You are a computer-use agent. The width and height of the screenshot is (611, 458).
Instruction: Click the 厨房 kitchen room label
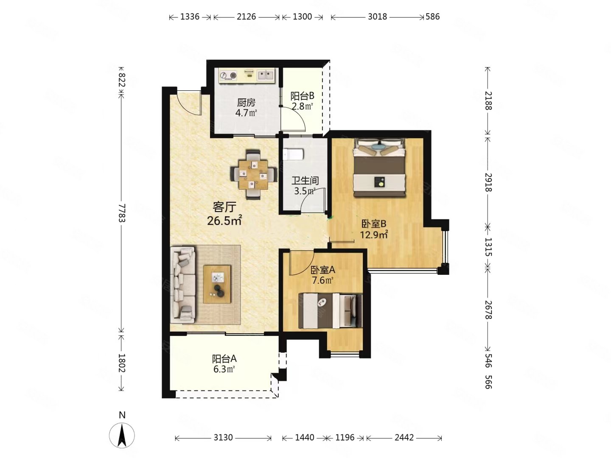coord(246,103)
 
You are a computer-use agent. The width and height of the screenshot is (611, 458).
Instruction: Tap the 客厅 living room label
coord(224,207)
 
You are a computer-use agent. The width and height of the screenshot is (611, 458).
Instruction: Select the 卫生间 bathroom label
coord(305,181)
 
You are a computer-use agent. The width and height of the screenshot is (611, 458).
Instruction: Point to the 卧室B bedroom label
coord(374,223)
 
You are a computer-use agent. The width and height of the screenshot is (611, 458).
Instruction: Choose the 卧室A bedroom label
coord(323,270)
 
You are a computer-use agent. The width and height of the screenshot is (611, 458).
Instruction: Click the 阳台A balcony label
coord(224,359)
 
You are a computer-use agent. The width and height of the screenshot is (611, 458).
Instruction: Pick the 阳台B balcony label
coord(302,96)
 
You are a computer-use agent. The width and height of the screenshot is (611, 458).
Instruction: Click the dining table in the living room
coord(254,175)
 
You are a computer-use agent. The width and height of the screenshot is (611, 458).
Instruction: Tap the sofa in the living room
coord(183,285)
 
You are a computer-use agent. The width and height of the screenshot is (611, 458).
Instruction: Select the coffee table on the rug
coord(217,284)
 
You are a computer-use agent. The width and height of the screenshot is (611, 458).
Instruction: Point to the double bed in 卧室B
coord(379,168)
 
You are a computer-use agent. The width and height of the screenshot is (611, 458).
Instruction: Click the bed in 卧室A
coord(331,310)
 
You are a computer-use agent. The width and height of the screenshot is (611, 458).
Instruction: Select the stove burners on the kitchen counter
coord(228,75)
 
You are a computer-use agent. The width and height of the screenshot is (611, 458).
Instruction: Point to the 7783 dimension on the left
coord(122,213)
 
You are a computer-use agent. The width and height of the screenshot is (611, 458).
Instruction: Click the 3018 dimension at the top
coord(377,17)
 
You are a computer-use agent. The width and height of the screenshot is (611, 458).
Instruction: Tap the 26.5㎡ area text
coord(224,221)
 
